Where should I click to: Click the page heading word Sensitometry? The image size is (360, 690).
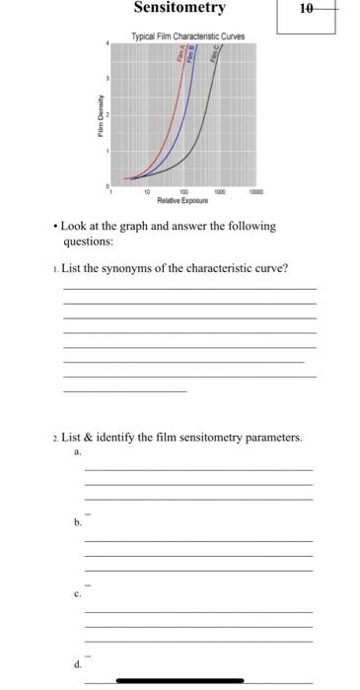[x=180, y=9]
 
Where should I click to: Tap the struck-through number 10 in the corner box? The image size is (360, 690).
[x=306, y=9]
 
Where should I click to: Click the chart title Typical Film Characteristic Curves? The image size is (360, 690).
[x=188, y=36]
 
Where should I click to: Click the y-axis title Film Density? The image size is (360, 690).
[x=99, y=114]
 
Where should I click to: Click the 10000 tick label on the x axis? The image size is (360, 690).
[x=255, y=193]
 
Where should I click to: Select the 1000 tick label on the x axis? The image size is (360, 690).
[x=220, y=193]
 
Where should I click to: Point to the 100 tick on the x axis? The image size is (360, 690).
[x=184, y=193]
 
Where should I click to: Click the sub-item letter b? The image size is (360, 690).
[x=77, y=523]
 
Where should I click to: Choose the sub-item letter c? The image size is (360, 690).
[x=77, y=594]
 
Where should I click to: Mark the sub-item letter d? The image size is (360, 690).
[x=77, y=665]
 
